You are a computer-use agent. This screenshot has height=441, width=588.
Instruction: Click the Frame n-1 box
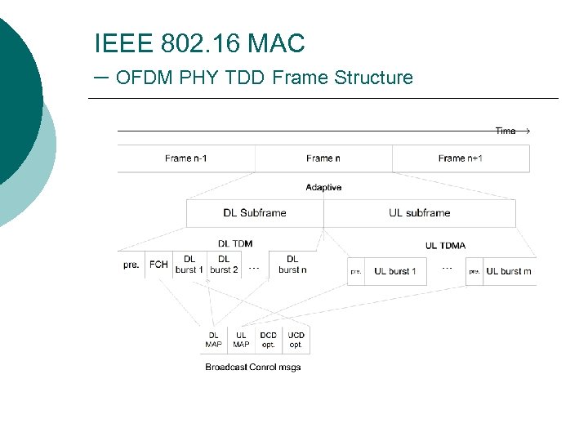pyautogui.click(x=186, y=158)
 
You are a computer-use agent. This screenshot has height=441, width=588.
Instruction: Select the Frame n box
pyautogui.click(x=323, y=158)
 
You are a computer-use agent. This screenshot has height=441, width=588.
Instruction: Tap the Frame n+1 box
pyautogui.click(x=461, y=158)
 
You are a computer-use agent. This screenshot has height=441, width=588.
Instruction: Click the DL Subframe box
pyautogui.click(x=255, y=213)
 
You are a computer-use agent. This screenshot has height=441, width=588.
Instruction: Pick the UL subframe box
pyautogui.click(x=420, y=213)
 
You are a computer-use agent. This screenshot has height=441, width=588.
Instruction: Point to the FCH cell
pyautogui.click(x=158, y=265)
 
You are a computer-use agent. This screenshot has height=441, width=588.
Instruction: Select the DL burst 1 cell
pyautogui.click(x=189, y=265)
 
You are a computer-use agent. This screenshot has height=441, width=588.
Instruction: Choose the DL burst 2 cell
pyautogui.click(x=224, y=265)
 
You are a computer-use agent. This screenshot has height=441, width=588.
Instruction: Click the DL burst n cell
pyautogui.click(x=292, y=265)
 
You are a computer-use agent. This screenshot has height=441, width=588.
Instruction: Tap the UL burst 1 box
pyautogui.click(x=395, y=271)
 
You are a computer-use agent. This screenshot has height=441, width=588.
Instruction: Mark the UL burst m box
pyautogui.click(x=509, y=271)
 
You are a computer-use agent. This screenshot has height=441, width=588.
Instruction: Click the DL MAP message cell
pyautogui.click(x=214, y=340)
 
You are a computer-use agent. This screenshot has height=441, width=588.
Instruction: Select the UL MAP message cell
pyautogui.click(x=242, y=340)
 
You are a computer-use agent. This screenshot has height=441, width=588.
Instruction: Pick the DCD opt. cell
pyautogui.click(x=269, y=340)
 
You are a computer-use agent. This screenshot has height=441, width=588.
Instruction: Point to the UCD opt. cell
pyautogui.click(x=296, y=340)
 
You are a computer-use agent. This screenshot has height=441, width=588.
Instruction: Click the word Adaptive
pyautogui.click(x=323, y=188)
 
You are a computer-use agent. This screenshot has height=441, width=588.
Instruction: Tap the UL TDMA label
pyautogui.click(x=446, y=246)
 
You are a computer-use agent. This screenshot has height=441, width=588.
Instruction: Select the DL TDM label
pyautogui.click(x=235, y=243)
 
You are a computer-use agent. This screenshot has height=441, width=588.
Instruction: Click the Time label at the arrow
pyautogui.click(x=506, y=131)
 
